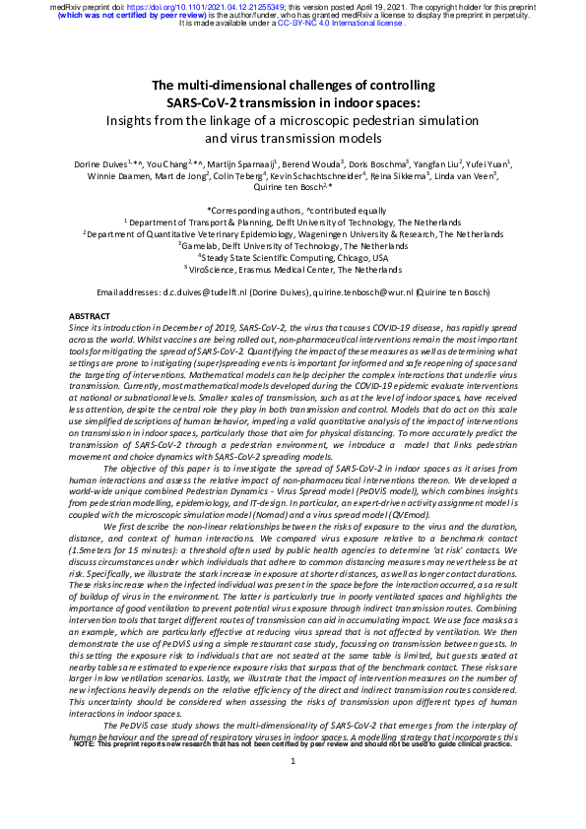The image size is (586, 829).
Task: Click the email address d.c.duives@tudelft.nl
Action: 193,291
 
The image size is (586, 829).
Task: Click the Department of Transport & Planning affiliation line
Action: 293,223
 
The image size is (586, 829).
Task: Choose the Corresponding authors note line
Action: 293,211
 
